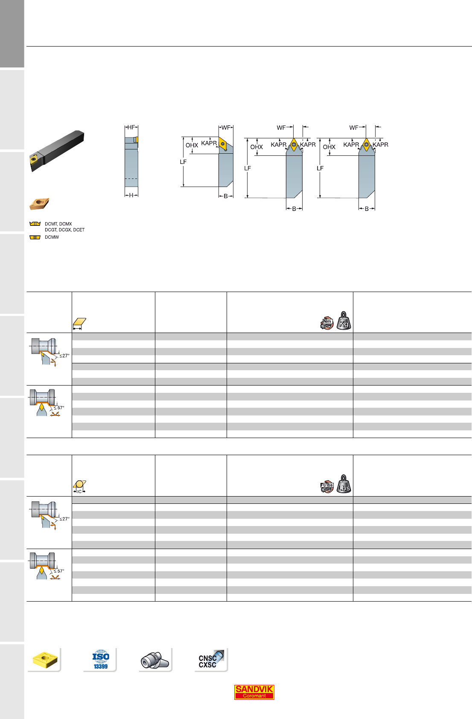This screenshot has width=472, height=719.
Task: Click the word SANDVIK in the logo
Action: tap(254, 689)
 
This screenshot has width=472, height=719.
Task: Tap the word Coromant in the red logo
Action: tap(254, 696)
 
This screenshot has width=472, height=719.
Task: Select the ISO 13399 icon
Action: tap(101, 660)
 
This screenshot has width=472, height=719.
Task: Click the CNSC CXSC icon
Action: tap(210, 659)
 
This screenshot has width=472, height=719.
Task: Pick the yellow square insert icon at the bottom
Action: tap(45, 660)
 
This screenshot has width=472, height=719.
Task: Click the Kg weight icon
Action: tap(344, 321)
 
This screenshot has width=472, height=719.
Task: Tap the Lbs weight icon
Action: tap(344, 484)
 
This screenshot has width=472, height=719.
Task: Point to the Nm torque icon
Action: tap(327, 323)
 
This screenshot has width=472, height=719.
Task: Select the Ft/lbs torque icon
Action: tap(327, 486)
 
